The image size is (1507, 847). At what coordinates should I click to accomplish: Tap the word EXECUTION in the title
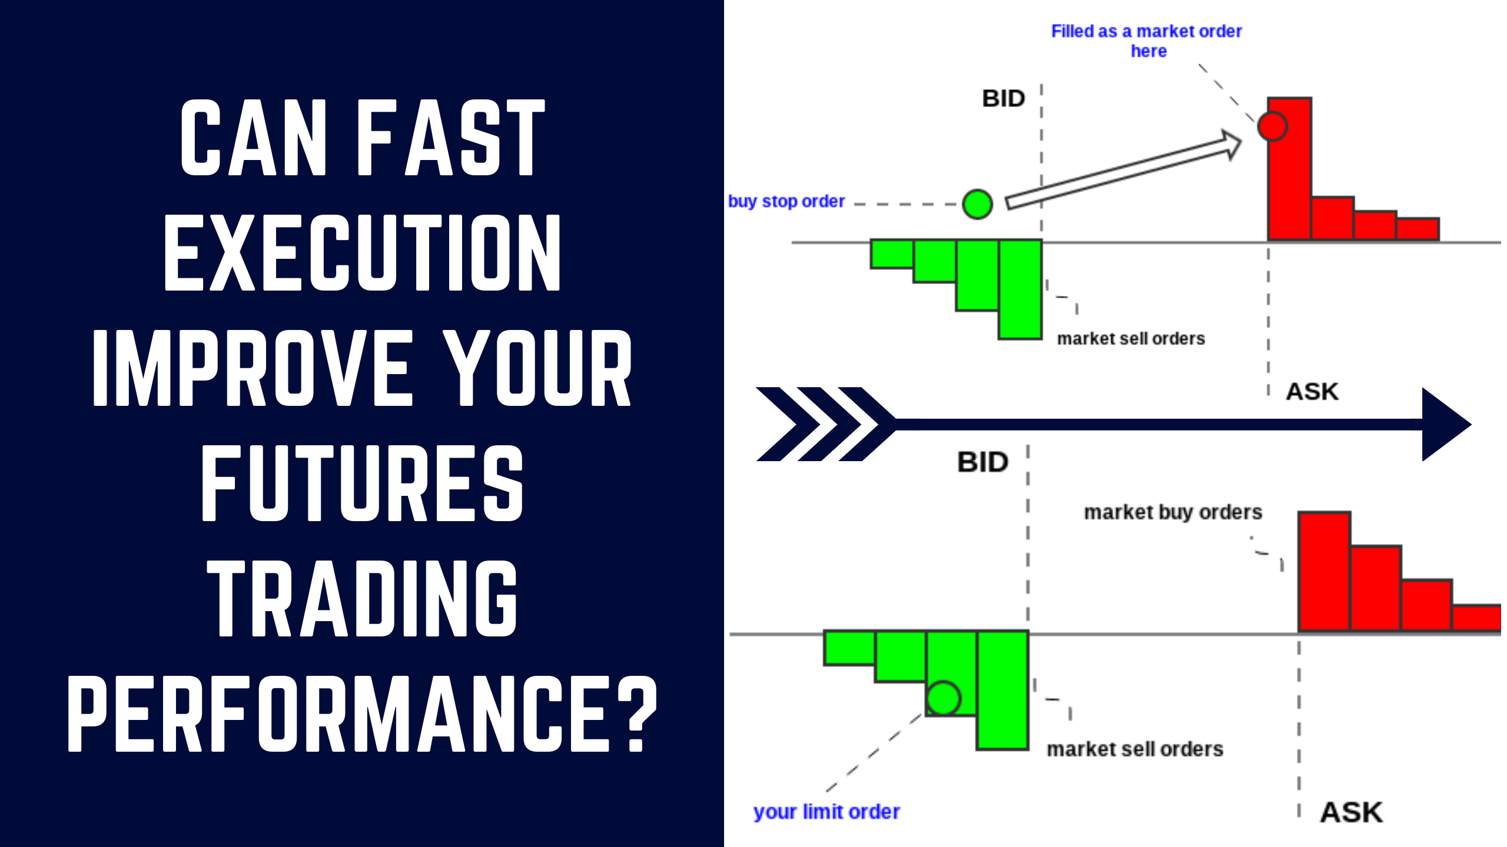pyautogui.click(x=362, y=253)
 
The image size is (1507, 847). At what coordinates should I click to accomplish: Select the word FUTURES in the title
pyautogui.click(x=362, y=483)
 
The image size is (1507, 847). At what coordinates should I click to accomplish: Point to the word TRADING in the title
pyautogui.click(x=362, y=599)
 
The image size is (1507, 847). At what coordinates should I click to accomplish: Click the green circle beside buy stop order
pyautogui.click(x=977, y=204)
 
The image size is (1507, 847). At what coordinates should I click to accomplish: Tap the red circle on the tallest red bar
pyautogui.click(x=1272, y=126)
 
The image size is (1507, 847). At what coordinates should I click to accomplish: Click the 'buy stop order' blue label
pyautogui.click(x=786, y=202)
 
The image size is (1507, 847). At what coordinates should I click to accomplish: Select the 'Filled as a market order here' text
pyautogui.click(x=1147, y=40)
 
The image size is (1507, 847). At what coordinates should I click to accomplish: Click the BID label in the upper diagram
pyautogui.click(x=1003, y=99)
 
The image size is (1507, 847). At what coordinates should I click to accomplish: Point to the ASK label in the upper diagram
pyautogui.click(x=1312, y=392)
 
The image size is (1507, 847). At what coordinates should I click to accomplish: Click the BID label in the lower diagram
pyautogui.click(x=982, y=462)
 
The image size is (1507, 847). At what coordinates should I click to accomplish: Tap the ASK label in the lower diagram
pyautogui.click(x=1351, y=813)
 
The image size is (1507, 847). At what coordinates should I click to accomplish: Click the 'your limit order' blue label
pyautogui.click(x=826, y=812)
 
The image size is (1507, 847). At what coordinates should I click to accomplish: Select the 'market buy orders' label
pyautogui.click(x=1173, y=512)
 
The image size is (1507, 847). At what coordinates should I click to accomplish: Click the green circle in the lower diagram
pyautogui.click(x=943, y=698)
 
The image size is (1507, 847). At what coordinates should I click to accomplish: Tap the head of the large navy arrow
pyautogui.click(x=1445, y=424)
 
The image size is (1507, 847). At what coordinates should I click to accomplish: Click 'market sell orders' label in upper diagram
pyautogui.click(x=1131, y=339)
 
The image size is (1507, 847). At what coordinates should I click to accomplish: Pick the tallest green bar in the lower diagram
pyautogui.click(x=1003, y=689)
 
